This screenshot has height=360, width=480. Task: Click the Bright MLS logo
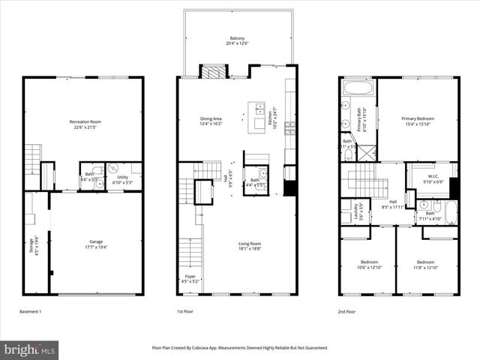pos(29,349)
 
